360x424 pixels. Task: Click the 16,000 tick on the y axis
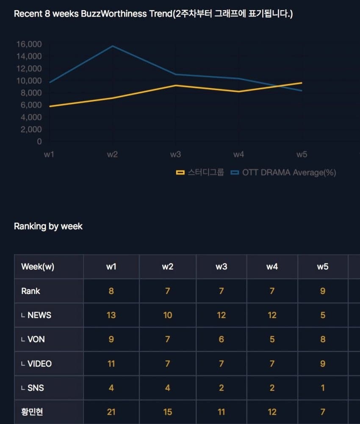tap(29, 44)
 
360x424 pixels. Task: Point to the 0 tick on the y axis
tap(39, 141)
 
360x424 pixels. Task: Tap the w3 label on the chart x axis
tap(175, 155)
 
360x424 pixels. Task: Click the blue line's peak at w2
tap(112, 46)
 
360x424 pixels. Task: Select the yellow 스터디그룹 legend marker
tap(180, 172)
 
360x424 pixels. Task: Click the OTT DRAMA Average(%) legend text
tap(289, 172)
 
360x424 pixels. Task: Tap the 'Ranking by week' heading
tap(48, 226)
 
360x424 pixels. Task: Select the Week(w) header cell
tap(38, 267)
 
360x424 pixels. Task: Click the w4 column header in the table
tap(272, 267)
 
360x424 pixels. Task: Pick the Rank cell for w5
tap(323, 291)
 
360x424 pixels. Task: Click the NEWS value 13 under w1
tap(111, 315)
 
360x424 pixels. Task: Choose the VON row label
tap(36, 339)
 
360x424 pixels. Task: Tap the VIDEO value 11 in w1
tap(111, 363)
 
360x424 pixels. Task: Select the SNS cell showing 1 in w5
tap(323, 388)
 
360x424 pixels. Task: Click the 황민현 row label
tap(32, 412)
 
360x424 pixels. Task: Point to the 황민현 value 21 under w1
tap(111, 412)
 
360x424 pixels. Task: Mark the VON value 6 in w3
tap(221, 339)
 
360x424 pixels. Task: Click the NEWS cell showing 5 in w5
tap(323, 315)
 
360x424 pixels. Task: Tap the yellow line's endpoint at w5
tap(302, 83)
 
